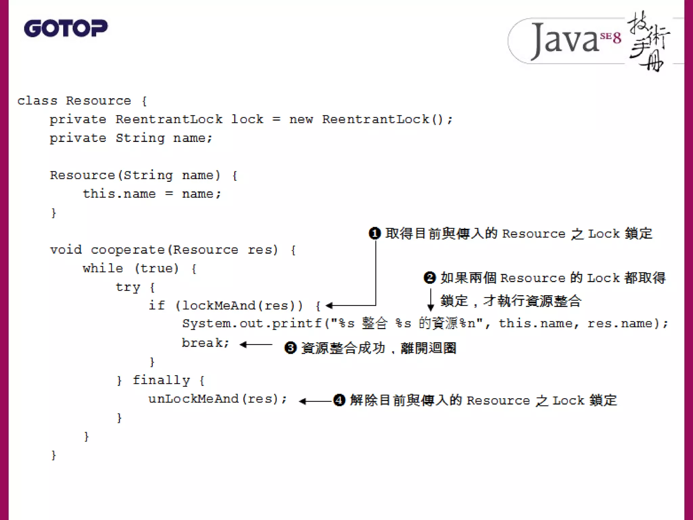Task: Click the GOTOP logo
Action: pos(66,28)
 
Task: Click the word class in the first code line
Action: pos(37,101)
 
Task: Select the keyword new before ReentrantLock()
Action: pos(301,120)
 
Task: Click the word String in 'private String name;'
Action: pos(140,138)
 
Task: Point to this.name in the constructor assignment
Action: pos(119,194)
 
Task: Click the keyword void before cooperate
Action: pos(66,250)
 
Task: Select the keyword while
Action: pos(103,268)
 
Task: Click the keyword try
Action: pos(128,287)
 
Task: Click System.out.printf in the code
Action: pos(252,324)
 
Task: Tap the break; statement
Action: pos(205,343)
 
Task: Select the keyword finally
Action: pos(161,380)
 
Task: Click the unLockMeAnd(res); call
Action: pos(218,399)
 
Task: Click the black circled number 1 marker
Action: pos(375,234)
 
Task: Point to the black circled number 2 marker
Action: pos(430,278)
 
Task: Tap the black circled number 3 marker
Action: pos(290,348)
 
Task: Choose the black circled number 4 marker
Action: pos(339,400)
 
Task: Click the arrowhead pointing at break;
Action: pos(243,345)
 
